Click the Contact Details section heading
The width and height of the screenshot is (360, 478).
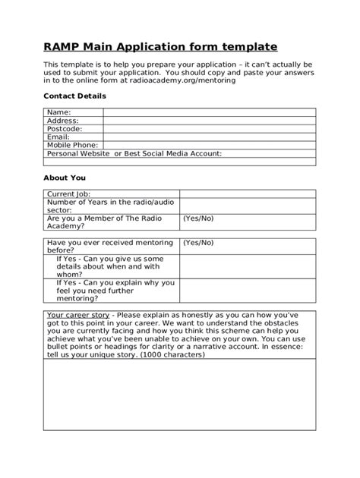click(x=74, y=96)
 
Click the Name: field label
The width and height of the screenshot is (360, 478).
click(x=58, y=112)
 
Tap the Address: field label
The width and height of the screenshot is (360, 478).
click(x=62, y=120)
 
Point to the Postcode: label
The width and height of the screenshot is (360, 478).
click(x=65, y=128)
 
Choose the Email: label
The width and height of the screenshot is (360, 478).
click(x=58, y=137)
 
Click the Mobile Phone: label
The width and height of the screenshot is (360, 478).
click(x=73, y=144)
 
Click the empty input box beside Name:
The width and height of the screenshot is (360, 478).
click(x=209, y=112)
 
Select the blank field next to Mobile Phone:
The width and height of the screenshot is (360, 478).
click(x=209, y=144)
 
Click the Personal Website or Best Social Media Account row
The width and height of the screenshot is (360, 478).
click(x=134, y=153)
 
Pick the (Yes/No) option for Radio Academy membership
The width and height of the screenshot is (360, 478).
click(x=198, y=218)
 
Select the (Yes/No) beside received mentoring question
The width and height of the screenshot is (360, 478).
click(x=198, y=242)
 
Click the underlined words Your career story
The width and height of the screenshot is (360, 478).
click(x=79, y=314)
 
